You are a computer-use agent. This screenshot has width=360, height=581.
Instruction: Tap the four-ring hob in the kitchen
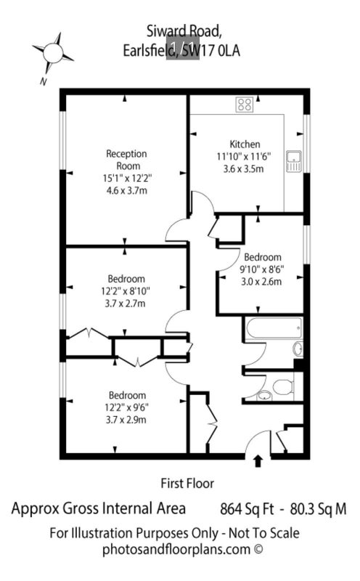(245, 104)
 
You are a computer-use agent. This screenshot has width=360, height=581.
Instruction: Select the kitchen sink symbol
(294, 161)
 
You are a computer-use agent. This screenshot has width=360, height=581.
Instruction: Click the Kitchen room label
(245, 144)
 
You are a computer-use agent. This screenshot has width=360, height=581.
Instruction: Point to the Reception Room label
(127, 159)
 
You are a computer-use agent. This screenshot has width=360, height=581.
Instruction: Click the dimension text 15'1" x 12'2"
(127, 178)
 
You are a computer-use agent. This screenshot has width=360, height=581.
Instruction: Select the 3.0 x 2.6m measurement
(261, 282)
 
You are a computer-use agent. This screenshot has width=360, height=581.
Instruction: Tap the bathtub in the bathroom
(274, 327)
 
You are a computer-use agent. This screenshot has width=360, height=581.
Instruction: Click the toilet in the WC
(282, 386)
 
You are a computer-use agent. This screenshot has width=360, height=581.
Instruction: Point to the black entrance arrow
(258, 461)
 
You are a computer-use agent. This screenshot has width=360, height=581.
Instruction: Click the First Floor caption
(187, 483)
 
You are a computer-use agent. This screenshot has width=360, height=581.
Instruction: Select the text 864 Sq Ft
(247, 509)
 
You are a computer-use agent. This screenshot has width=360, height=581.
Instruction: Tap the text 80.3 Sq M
(318, 509)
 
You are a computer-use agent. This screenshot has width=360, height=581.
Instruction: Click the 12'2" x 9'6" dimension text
(127, 407)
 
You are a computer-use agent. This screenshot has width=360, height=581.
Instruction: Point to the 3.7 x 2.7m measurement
(125, 304)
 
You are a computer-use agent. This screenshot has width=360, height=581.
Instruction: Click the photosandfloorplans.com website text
(176, 549)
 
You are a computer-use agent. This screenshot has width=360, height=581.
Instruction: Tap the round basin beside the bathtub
(298, 349)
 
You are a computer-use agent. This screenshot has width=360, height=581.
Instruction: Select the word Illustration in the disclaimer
(102, 533)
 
